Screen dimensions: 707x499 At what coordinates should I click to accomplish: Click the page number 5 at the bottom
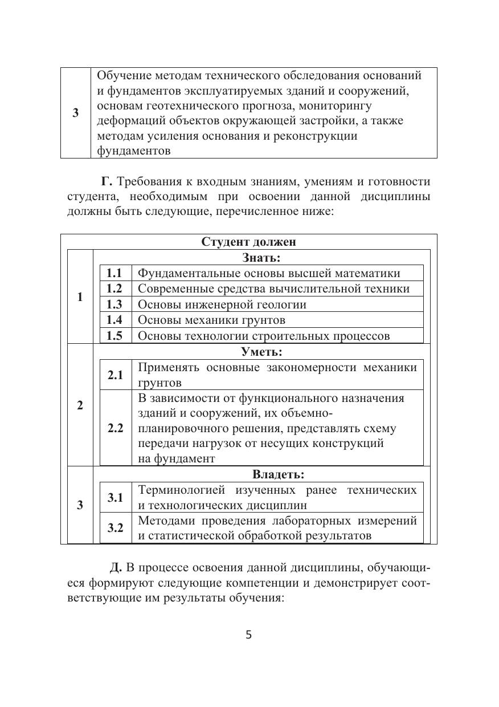click(248, 635)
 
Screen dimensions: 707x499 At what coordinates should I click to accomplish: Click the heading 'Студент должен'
click(248, 242)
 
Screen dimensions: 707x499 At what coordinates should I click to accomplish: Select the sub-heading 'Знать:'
click(261, 258)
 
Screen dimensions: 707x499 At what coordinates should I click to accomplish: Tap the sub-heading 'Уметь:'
click(261, 352)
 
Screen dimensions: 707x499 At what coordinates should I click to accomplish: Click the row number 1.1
click(114, 273)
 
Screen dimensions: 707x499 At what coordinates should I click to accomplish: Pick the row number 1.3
click(114, 304)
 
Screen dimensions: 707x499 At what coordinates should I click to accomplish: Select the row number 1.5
click(114, 336)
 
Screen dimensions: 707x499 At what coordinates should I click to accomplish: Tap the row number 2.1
click(115, 375)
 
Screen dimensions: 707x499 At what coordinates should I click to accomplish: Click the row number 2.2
click(115, 428)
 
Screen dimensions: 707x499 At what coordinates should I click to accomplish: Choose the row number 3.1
click(115, 498)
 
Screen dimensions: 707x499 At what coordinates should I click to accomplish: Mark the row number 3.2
click(115, 528)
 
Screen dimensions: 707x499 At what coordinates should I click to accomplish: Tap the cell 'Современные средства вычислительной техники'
click(273, 289)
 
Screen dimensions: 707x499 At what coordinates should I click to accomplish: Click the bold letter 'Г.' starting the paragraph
click(108, 182)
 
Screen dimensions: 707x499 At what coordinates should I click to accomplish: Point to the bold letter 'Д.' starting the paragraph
click(116, 568)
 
